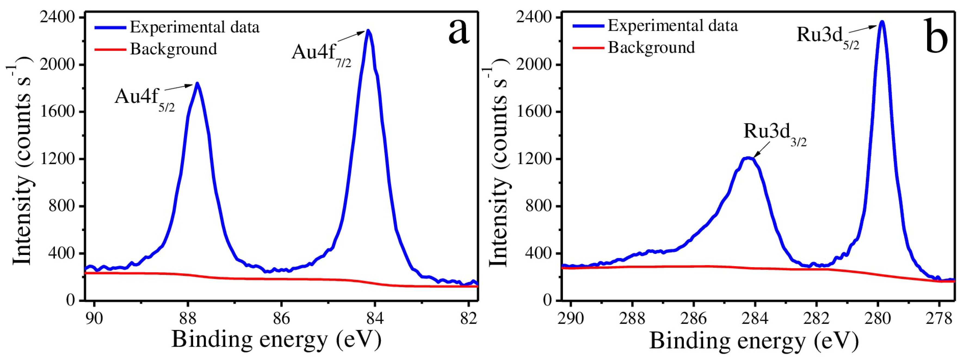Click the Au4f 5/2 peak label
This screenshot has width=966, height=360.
[x=144, y=98]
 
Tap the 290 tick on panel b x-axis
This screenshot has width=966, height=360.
[x=570, y=318]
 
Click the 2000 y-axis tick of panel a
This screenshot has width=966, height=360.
[x=57, y=64]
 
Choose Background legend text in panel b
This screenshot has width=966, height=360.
[x=651, y=48]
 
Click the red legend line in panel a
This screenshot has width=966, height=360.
[x=110, y=49]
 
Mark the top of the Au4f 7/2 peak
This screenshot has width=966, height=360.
[x=368, y=31]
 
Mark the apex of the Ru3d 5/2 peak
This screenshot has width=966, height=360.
[x=882, y=22]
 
